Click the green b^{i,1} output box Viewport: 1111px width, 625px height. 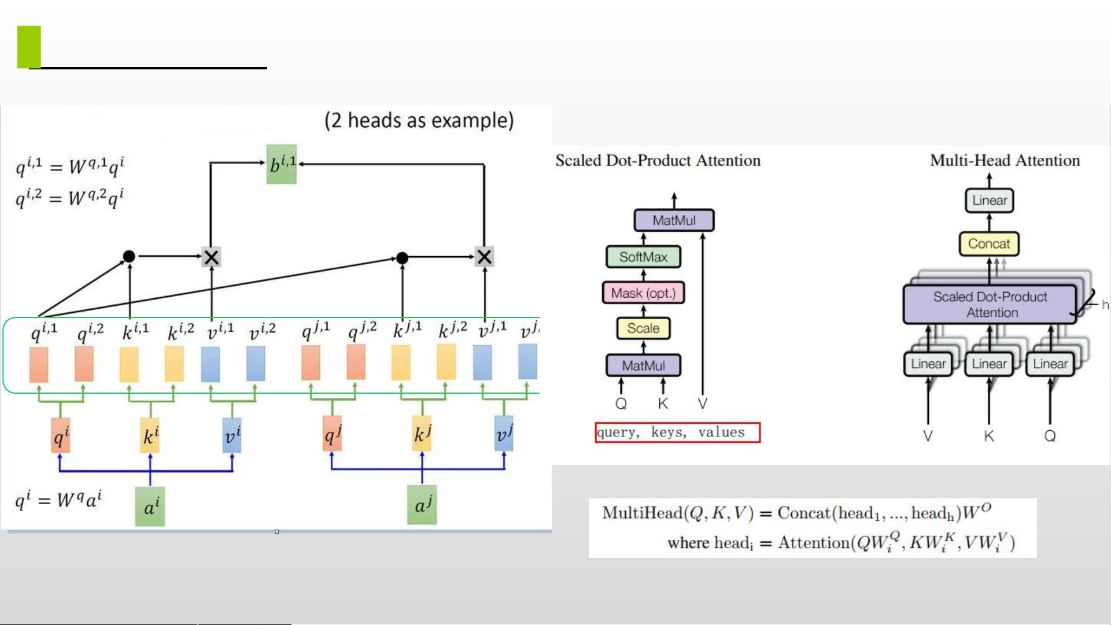pos(282,164)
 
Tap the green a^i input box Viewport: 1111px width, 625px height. pos(150,506)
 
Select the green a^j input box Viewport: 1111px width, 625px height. pos(422,505)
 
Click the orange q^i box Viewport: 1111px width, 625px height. pos(61,435)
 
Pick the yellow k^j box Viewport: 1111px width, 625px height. pos(422,433)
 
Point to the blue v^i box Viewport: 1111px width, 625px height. pos(232,435)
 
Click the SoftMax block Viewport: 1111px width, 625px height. pos(643,257)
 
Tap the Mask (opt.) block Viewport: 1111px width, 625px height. pos(643,293)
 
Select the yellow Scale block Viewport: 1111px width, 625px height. pos(643,328)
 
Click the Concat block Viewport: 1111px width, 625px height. pos(989,244)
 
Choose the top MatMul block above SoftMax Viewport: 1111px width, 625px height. pos(674,220)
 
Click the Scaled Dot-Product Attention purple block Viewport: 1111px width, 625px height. pos(990,305)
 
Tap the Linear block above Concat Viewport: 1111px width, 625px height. pos(990,201)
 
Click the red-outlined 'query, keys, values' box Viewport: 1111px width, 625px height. pos(677,432)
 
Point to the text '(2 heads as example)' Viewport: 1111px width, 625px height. pos(419,120)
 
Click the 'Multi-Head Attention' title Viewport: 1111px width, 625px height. pos(1005,161)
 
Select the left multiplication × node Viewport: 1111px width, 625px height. pos(211,257)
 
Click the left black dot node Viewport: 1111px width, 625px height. pos(129,256)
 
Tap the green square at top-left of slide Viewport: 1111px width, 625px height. pos(29,47)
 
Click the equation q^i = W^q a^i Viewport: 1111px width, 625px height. pos(58,499)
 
